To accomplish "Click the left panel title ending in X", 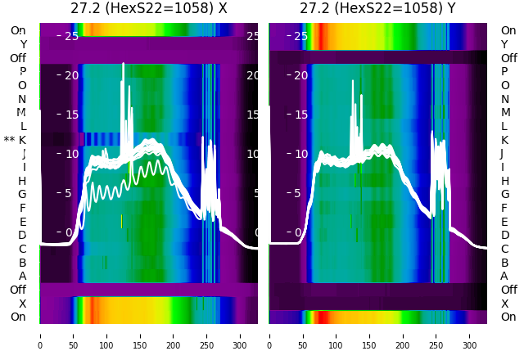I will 148,9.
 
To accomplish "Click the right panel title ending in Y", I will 377,9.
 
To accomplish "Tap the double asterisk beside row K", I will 9,140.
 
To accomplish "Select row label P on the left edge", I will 22,71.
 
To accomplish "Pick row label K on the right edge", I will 504,140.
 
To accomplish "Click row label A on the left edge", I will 22,276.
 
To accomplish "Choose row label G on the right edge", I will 504,194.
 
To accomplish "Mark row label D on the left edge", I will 22,235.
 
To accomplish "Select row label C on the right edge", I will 504,249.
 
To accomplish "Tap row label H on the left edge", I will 22,181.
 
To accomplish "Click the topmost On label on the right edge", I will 508,30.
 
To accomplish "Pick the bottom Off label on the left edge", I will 18,290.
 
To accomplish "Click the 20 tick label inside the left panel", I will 71,75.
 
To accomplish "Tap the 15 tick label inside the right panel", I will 300,115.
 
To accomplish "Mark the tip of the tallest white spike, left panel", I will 124,63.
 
